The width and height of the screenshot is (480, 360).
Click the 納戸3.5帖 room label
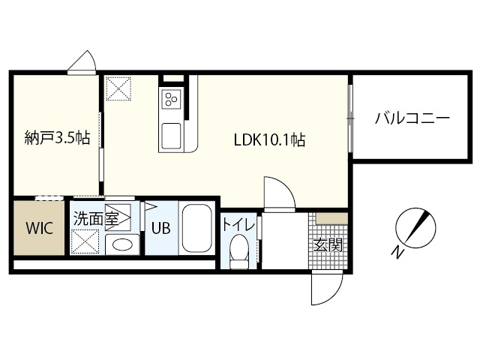(57, 138)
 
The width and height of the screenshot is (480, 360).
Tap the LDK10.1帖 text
(268, 139)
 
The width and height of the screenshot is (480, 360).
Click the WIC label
(40, 228)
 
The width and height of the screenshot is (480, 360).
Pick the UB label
(160, 229)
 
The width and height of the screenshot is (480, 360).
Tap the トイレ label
(239, 224)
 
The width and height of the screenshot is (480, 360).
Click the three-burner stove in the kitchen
(171, 100)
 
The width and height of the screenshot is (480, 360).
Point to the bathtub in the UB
(198, 228)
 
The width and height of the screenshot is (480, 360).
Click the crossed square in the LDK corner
(118, 88)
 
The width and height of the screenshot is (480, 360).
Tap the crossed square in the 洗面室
(85, 241)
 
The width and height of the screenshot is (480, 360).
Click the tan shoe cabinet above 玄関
(331, 218)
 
